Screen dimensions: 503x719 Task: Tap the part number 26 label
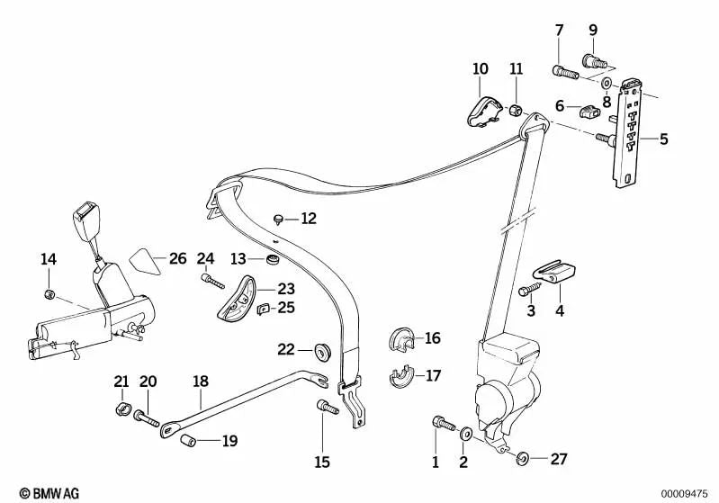[177, 259]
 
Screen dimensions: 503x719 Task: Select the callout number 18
[200, 382]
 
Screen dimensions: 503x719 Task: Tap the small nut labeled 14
[49, 294]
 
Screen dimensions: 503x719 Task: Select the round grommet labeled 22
[319, 349]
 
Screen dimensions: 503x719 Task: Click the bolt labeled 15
[326, 410]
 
